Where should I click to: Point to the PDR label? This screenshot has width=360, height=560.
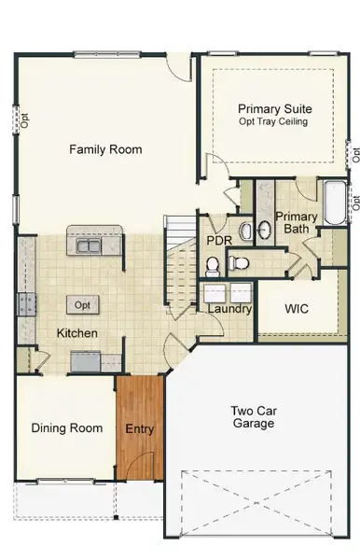click(x=219, y=240)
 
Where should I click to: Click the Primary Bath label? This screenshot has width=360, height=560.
click(x=296, y=223)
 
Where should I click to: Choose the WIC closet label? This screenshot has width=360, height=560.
click(x=297, y=308)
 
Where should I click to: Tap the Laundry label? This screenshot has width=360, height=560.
click(x=229, y=309)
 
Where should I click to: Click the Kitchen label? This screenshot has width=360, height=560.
click(x=77, y=333)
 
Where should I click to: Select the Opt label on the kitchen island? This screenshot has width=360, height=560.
click(x=83, y=305)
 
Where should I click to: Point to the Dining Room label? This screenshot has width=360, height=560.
click(x=66, y=428)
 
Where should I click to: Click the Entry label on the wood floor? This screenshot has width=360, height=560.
click(x=140, y=430)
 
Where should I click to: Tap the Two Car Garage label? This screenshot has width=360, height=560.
click(x=254, y=416)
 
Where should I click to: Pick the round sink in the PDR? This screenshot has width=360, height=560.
click(x=245, y=230)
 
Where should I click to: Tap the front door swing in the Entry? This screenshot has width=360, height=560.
click(x=140, y=467)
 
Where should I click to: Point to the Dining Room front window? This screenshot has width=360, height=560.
click(x=65, y=482)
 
